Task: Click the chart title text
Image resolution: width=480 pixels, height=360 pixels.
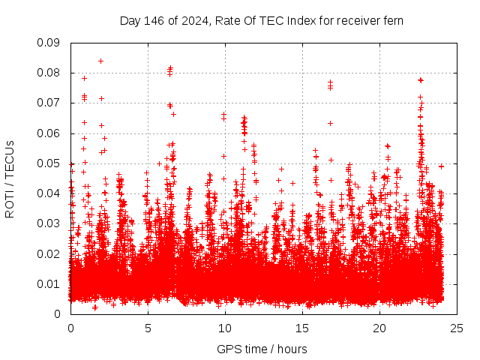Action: click(x=262, y=20)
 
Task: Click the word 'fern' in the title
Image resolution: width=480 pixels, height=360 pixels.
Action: click(x=393, y=20)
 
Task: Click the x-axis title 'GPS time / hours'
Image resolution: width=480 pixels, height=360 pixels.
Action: click(x=262, y=349)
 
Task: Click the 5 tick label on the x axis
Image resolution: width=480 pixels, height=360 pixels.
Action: click(x=148, y=328)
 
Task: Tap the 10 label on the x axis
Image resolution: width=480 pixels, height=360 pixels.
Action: click(x=225, y=328)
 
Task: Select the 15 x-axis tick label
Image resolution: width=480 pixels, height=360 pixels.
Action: click(x=302, y=328)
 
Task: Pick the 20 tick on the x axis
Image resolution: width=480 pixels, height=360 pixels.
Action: click(x=379, y=328)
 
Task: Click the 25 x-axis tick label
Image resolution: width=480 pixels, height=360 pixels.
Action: click(x=457, y=328)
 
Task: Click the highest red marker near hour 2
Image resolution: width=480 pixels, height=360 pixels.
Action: click(x=100, y=61)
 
